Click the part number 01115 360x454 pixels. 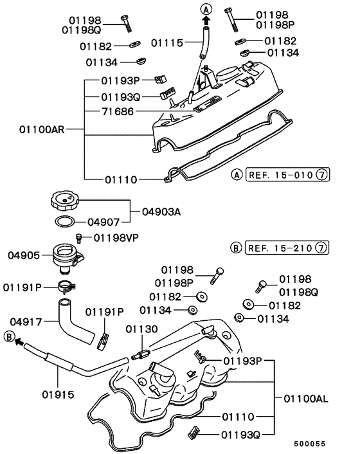click(x=167, y=42)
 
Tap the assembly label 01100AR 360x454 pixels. click(x=42, y=129)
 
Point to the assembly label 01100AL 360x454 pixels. click(x=305, y=399)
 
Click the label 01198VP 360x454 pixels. click(x=117, y=238)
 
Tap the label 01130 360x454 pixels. click(x=141, y=330)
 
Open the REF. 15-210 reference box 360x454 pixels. click(x=283, y=248)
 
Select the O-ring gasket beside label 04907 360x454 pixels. click(x=62, y=222)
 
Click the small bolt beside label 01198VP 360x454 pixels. click(x=80, y=237)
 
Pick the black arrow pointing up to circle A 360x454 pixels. click(x=206, y=21)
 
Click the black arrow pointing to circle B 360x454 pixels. click(x=21, y=343)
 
